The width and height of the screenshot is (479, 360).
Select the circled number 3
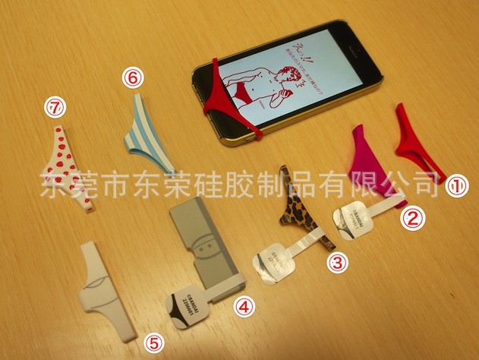click(337, 263)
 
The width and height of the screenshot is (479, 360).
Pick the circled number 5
click(154, 343)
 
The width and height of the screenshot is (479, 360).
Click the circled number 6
click(132, 77)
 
